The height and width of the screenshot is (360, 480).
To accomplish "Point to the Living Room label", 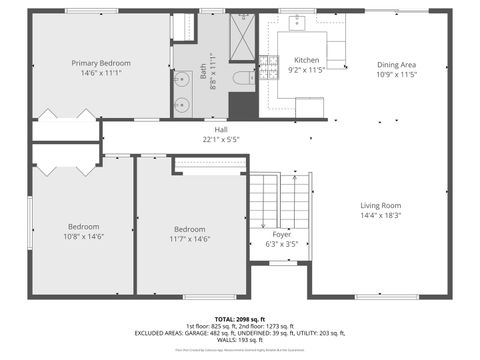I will point(381,206).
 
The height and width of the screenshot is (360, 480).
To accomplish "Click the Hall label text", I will point(221,130).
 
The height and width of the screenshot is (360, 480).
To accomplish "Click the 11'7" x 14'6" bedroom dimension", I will point(189,239).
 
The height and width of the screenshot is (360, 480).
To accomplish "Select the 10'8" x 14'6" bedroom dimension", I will point(85,237).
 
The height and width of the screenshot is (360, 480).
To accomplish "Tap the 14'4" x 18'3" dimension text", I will point(381,216).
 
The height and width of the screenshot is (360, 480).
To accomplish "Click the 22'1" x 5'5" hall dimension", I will point(221,140).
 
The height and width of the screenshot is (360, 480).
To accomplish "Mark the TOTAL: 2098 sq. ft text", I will point(240,319).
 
